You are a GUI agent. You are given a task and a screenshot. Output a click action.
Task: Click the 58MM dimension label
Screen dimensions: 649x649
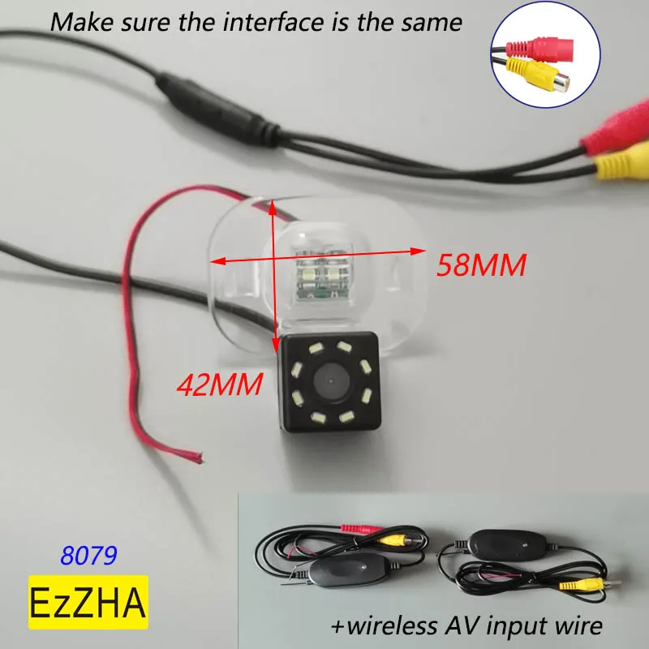pos(482,264)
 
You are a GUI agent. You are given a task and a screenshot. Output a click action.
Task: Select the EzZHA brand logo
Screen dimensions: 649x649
pos(88,602)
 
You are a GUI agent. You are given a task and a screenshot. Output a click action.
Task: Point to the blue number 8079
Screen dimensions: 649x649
pos(89,556)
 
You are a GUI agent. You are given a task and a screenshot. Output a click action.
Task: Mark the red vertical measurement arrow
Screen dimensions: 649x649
pos(274,268)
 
